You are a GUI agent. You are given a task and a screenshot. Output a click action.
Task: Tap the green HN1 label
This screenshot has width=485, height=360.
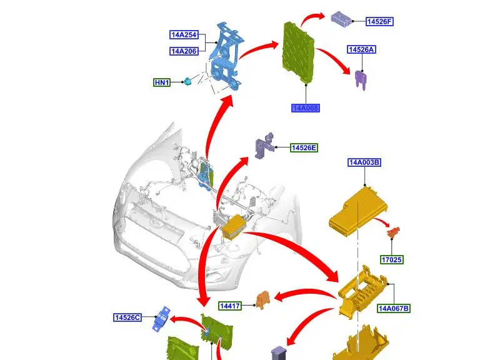coord(162,82)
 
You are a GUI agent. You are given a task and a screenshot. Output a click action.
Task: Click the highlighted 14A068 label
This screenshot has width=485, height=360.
coord(305,108)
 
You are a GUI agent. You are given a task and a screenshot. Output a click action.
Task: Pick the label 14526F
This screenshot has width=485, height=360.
coord(379,22)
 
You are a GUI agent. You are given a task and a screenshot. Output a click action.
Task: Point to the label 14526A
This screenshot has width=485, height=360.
coord(362,49)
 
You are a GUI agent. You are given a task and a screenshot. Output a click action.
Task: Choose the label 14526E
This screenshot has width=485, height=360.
coord(304,148)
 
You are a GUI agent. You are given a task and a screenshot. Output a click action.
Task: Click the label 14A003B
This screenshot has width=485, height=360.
coord(364,163)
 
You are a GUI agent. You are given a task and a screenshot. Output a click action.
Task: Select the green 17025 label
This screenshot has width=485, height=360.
coord(392,259)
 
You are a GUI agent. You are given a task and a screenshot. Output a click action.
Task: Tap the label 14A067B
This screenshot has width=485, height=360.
coord(394,308)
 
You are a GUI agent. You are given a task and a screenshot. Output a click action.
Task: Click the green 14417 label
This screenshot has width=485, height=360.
coord(231,306)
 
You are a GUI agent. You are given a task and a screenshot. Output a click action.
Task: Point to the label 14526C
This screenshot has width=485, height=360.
coord(127,317)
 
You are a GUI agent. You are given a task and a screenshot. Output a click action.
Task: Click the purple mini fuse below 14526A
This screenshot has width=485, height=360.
coord(360,80)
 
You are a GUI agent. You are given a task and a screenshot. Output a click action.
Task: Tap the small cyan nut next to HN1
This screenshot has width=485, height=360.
coord(186,82)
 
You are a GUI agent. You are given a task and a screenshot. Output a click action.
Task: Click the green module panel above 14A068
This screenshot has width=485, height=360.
coord(302,54)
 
